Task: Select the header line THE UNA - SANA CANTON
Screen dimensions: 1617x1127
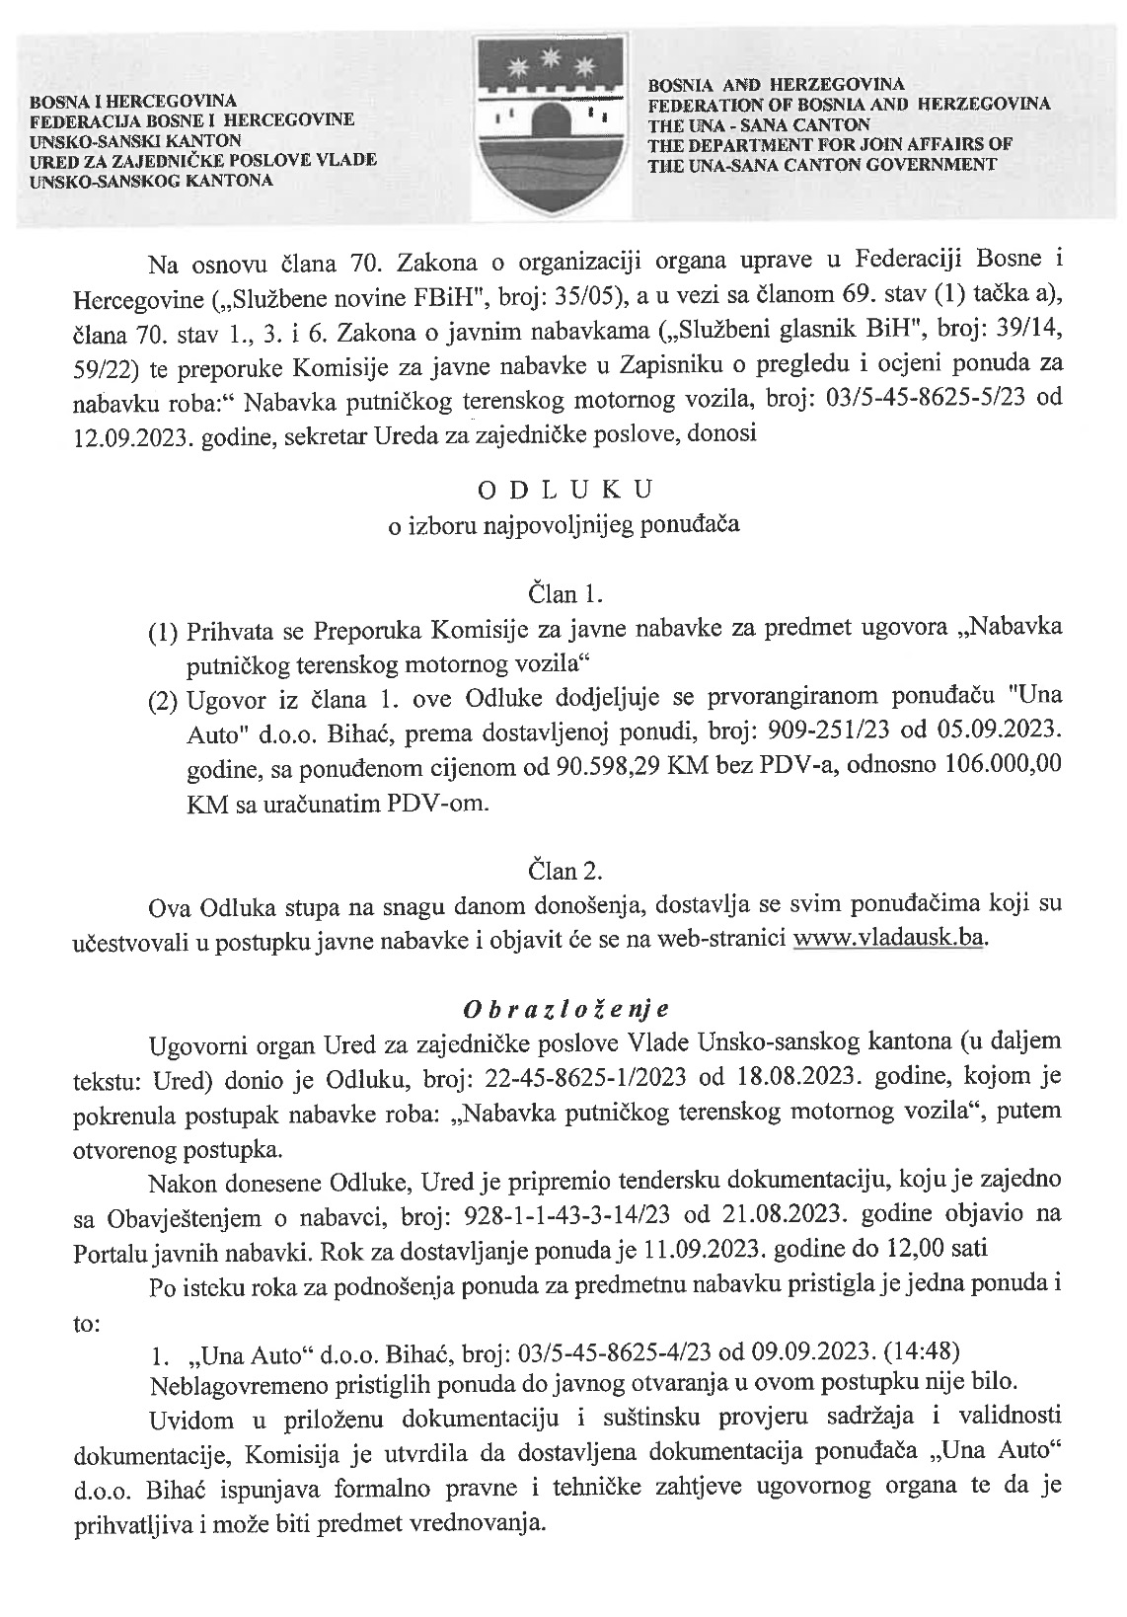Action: (759, 125)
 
